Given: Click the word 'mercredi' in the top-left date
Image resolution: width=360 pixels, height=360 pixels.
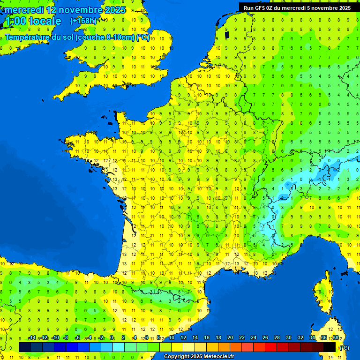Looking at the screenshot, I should (x=24, y=10).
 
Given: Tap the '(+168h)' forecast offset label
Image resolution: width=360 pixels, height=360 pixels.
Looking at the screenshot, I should (x=83, y=21).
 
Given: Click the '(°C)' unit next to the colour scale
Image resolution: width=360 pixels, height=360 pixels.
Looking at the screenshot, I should (x=344, y=348).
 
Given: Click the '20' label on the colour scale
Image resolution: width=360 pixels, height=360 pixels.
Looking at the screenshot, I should (x=230, y=337).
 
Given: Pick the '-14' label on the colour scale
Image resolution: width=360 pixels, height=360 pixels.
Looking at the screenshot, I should (x=32, y=337).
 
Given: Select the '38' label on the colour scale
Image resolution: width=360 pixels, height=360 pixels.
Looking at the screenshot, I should (x=336, y=337).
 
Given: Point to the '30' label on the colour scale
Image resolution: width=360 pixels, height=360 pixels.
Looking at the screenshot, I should (x=288, y=337).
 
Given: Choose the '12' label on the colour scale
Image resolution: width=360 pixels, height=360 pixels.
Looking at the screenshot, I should (x=183, y=337).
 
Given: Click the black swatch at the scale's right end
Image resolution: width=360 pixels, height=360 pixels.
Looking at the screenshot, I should (x=330, y=347).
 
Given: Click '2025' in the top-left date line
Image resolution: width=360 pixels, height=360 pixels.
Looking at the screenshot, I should (x=114, y=10).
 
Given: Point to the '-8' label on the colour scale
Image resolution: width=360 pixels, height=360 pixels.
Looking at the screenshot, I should (x=66, y=337).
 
